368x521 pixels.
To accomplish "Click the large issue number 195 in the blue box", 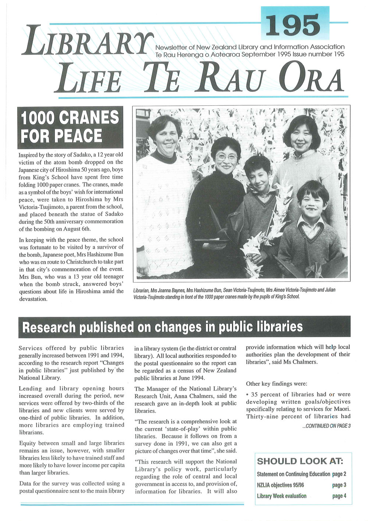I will point(293,25).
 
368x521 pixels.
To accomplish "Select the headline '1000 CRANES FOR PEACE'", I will point(70,127).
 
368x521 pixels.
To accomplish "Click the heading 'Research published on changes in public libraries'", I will point(162,327).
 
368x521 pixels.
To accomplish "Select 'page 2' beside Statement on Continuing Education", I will point(339,474).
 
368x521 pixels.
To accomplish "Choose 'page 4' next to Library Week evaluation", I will point(339,496).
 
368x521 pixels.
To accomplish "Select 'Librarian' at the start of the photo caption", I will point(141,290).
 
